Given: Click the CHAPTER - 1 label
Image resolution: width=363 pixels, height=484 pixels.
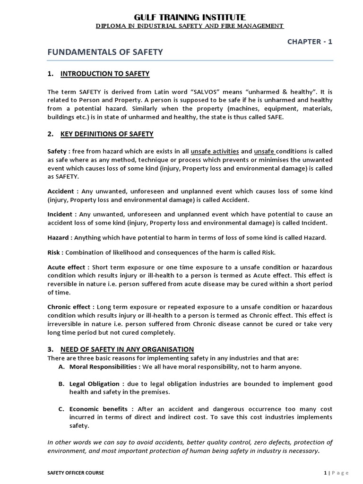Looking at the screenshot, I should (310, 42).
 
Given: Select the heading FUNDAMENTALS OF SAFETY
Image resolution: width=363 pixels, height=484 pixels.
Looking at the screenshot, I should (105, 52).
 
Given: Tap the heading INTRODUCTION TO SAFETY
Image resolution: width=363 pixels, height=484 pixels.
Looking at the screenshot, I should (105, 73).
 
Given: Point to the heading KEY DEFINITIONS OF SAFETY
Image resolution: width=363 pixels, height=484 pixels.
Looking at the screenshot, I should (107, 134).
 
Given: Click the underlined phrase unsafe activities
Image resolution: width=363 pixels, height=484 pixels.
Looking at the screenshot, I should (215, 152).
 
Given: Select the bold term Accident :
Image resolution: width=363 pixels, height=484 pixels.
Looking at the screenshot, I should (63, 191).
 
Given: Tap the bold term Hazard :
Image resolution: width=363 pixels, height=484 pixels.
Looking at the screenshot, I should (60, 237).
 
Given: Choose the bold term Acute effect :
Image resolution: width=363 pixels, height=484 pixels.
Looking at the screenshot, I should (69, 268).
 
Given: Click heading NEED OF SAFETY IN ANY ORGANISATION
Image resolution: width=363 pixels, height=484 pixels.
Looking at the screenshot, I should (127, 349).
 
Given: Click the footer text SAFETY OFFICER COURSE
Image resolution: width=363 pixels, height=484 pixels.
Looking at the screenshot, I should (76, 472).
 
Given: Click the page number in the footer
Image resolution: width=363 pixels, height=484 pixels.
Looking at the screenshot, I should (326, 472).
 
